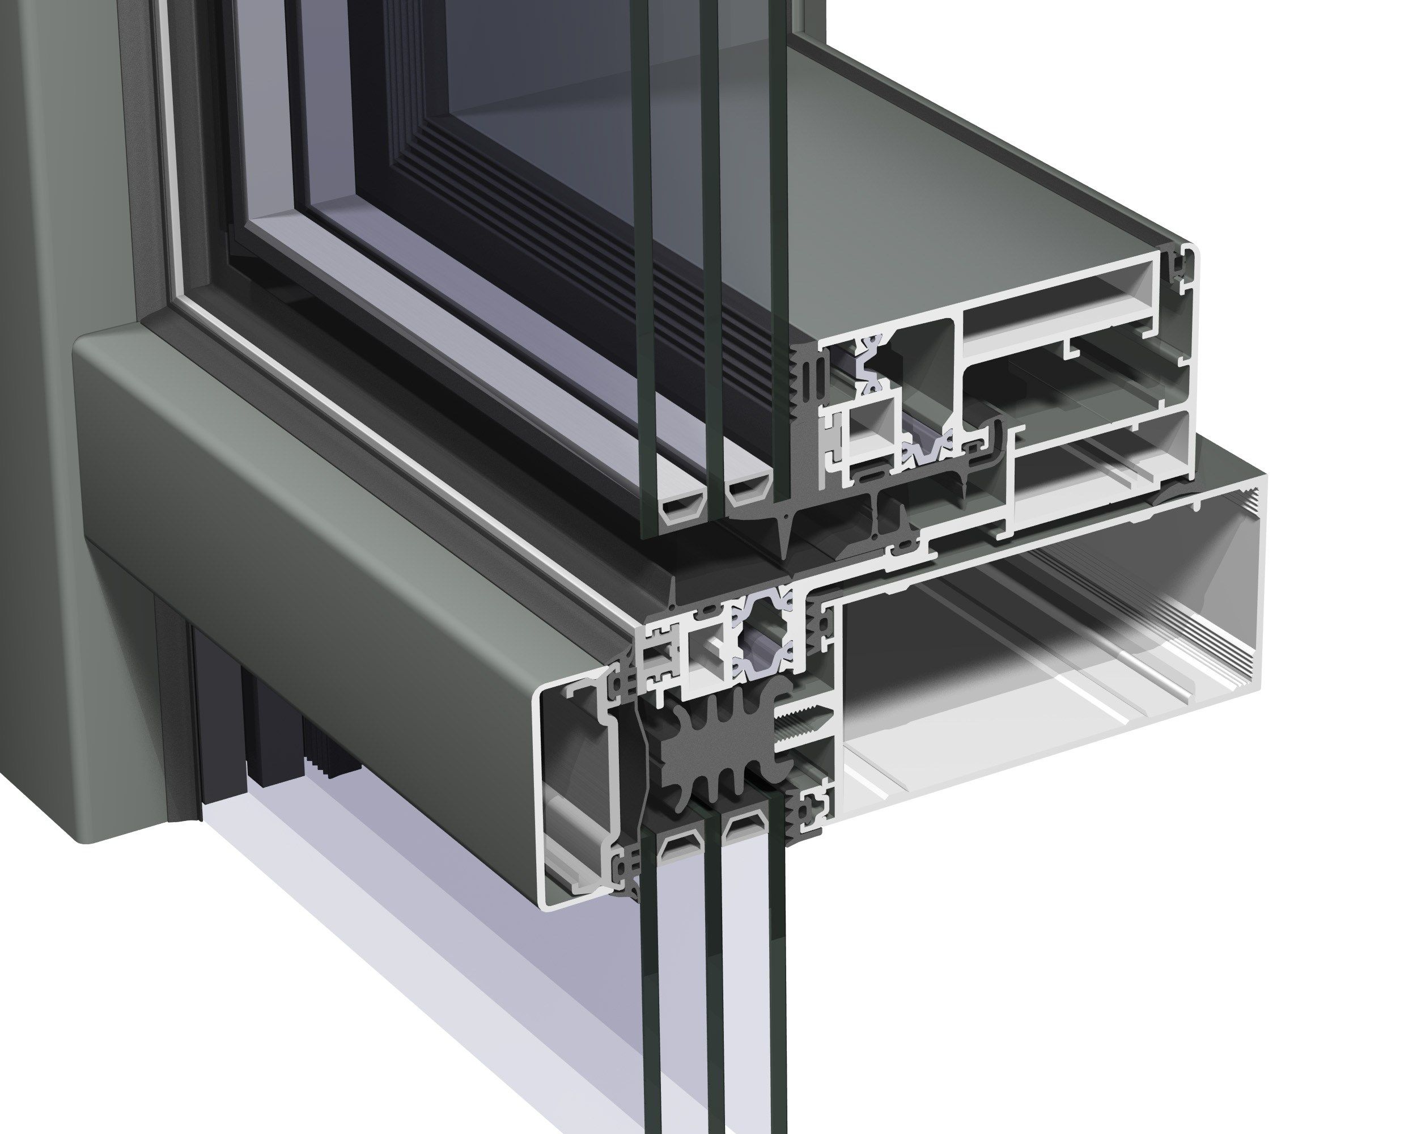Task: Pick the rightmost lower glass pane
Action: [777, 986]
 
